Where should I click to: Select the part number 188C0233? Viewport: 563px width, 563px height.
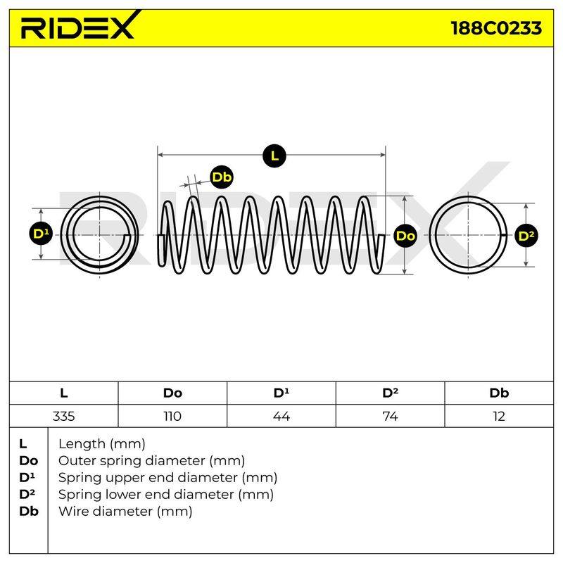coord(496,28)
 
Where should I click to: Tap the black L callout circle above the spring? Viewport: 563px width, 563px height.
coord(274,156)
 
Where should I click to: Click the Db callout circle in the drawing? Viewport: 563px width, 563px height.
coord(222,177)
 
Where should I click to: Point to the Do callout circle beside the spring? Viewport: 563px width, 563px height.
coord(405,236)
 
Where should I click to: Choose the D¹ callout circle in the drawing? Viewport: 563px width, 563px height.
coord(41,234)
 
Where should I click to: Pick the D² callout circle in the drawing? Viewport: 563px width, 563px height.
coord(526,236)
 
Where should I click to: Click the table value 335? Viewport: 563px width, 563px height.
coord(63,416)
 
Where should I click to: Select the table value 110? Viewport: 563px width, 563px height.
coord(172,416)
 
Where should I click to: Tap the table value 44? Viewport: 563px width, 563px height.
coord(281,416)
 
